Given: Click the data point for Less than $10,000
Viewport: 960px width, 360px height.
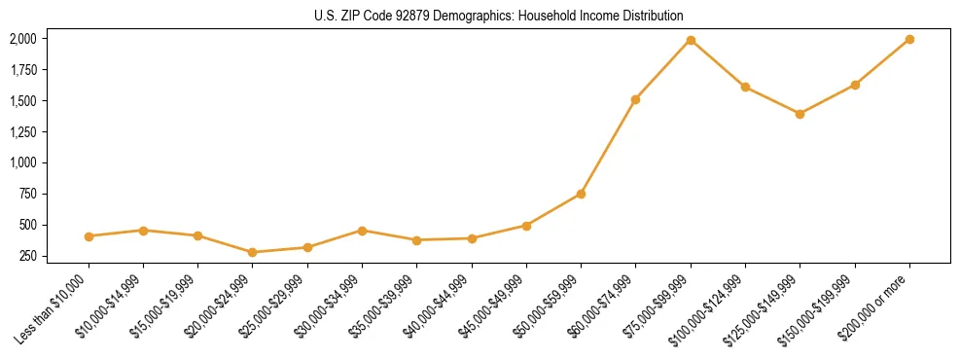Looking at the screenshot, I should click(89, 236).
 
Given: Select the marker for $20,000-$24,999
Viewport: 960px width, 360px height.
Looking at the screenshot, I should click(253, 252).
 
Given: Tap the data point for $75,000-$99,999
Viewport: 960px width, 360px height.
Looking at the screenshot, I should click(691, 40).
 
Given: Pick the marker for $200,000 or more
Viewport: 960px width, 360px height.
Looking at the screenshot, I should click(909, 39).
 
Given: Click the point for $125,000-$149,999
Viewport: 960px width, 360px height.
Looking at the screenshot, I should click(800, 114).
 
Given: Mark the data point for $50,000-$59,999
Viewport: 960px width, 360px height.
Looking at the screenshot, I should click(581, 194).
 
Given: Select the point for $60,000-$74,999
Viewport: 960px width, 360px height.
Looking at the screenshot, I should click(635, 99).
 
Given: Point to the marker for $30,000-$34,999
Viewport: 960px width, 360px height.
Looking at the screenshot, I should click(362, 231).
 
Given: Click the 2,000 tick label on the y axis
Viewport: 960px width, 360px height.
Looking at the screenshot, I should click(22, 39).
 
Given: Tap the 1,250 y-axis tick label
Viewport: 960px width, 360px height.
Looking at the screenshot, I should click(22, 131).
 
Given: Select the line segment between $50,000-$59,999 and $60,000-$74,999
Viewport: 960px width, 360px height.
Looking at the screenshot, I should click(608, 147).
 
